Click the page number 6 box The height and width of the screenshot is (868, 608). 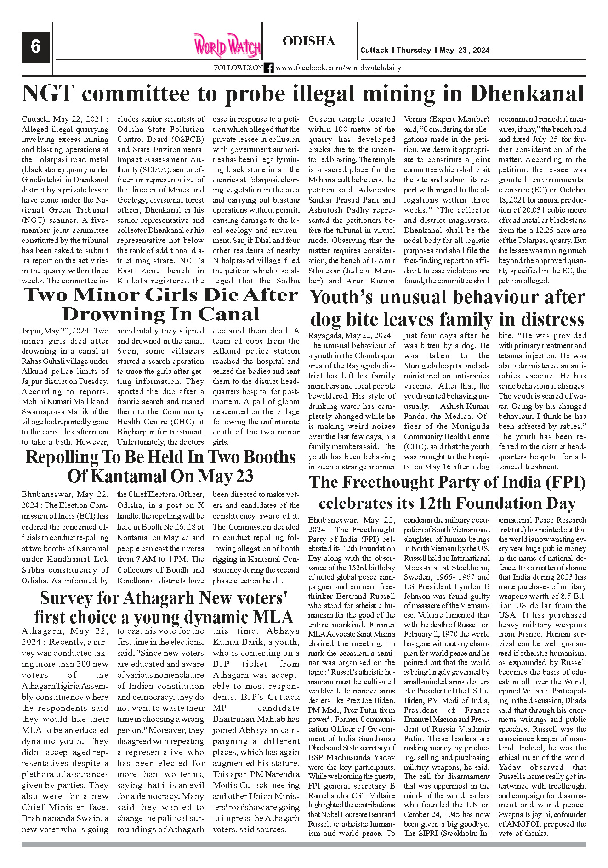35,46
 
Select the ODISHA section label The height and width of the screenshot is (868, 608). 309,41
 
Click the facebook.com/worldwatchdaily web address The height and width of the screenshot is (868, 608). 338,68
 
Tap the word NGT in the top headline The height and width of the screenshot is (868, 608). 47,94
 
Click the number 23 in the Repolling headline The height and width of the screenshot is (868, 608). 243,476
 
